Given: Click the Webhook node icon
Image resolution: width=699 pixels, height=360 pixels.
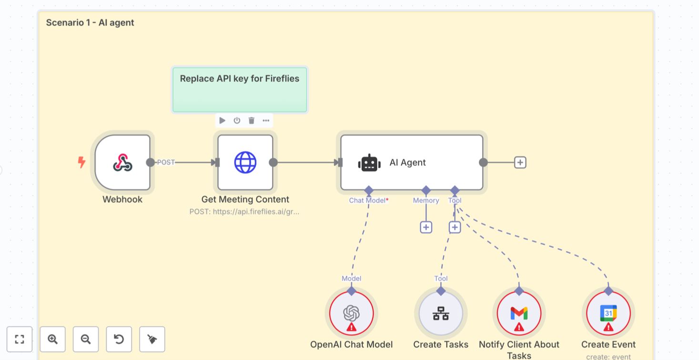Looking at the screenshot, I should pyautogui.click(x=122, y=163).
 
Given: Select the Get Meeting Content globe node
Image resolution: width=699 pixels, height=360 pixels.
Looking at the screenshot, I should pyautogui.click(x=245, y=163).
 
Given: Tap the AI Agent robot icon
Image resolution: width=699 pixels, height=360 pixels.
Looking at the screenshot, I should pyautogui.click(x=369, y=163).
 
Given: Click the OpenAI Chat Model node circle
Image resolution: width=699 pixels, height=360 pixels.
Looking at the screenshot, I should pyautogui.click(x=351, y=313).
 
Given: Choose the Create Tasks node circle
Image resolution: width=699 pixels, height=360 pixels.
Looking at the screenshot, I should pyautogui.click(x=441, y=313).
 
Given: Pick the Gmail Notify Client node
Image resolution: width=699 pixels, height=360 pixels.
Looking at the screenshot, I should pyautogui.click(x=519, y=313).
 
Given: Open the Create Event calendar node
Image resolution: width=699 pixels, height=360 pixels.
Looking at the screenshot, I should pyautogui.click(x=608, y=313).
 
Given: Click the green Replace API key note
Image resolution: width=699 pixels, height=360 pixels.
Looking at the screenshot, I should pyautogui.click(x=239, y=90).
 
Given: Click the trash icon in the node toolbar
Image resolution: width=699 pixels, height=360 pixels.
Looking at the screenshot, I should pyautogui.click(x=252, y=121).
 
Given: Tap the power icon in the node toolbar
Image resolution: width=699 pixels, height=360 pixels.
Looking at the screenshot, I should pyautogui.click(x=237, y=121).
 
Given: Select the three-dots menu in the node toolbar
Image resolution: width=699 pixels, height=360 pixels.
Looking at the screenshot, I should pyautogui.click(x=266, y=121).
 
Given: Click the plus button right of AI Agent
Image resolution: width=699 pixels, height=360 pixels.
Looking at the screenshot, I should pyautogui.click(x=520, y=163).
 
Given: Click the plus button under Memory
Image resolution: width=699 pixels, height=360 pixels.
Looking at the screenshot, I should pyautogui.click(x=426, y=227).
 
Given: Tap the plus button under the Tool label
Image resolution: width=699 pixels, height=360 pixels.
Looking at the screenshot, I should pyautogui.click(x=455, y=227).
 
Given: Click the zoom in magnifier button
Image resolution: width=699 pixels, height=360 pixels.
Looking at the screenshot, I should pyautogui.click(x=52, y=339).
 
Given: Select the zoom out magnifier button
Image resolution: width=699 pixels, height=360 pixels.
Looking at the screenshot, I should pyautogui.click(x=86, y=339).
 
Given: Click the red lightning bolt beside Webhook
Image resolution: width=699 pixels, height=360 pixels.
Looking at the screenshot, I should pyautogui.click(x=81, y=163).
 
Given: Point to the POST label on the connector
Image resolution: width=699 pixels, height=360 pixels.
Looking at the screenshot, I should pyautogui.click(x=166, y=163).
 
